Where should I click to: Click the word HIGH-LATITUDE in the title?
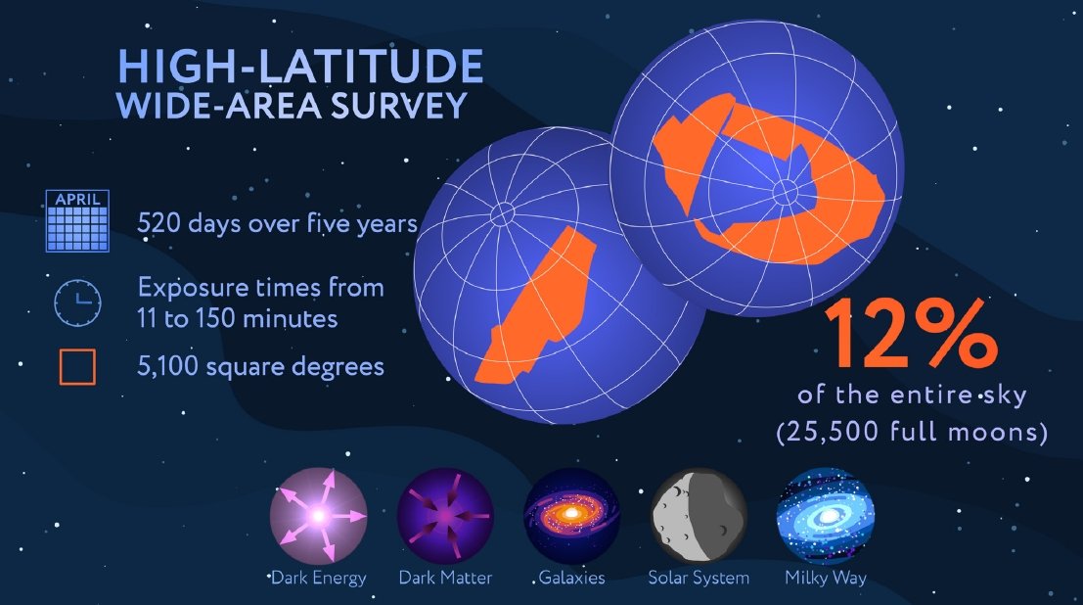click(300, 66)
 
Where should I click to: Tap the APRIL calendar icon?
click(77, 220)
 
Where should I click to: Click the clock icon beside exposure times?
click(77, 302)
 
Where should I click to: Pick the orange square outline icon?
click(77, 366)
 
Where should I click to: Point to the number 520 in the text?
click(158, 223)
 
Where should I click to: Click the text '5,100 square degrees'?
click(260, 366)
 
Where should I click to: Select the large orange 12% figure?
click(912, 334)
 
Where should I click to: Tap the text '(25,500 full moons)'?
click(912, 432)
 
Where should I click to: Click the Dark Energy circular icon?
click(318, 516)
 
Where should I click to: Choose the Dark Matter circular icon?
click(445, 516)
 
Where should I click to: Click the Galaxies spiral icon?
click(572, 516)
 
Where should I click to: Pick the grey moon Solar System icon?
click(699, 516)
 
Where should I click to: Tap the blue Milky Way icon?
click(826, 516)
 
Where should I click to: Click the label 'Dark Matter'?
click(445, 578)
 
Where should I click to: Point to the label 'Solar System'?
click(699, 578)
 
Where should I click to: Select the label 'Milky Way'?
click(826, 578)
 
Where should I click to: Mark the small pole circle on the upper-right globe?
click(785, 192)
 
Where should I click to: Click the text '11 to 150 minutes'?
click(238, 319)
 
